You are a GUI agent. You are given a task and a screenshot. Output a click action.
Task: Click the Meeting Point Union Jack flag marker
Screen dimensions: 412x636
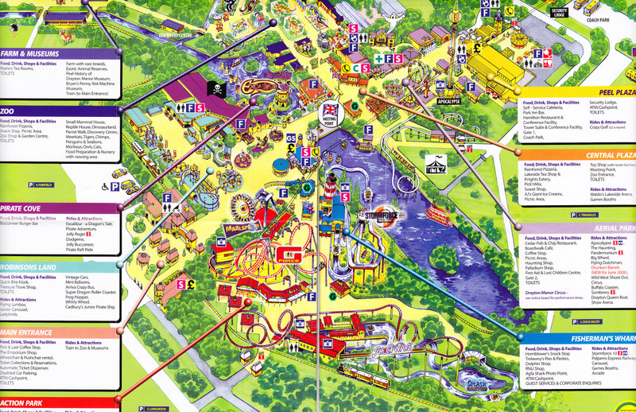[x=329, y=111]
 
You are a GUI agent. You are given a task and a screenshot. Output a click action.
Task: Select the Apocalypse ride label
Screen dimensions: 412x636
[x=448, y=102]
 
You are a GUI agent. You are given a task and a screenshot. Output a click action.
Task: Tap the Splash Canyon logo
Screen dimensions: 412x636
[x=494, y=384]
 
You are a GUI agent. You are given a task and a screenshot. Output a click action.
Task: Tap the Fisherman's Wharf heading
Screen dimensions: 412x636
[x=603, y=337]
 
